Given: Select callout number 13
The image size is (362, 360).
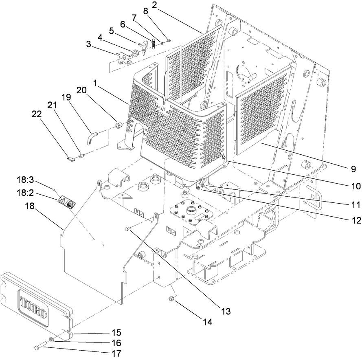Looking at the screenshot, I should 226,312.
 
